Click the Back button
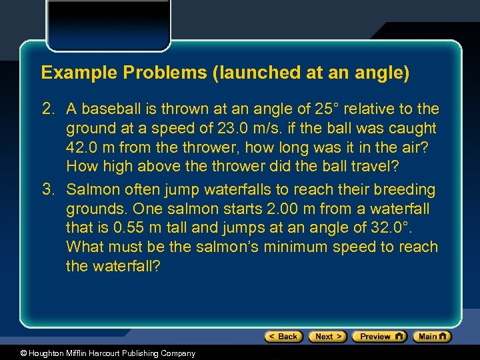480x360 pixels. pyautogui.click(x=283, y=336)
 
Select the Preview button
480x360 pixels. pyautogui.click(x=379, y=336)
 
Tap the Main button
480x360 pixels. pyautogui.click(x=432, y=336)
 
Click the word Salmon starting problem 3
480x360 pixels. pyautogui.click(x=93, y=190)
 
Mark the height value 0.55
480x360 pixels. pyautogui.click(x=127, y=228)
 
